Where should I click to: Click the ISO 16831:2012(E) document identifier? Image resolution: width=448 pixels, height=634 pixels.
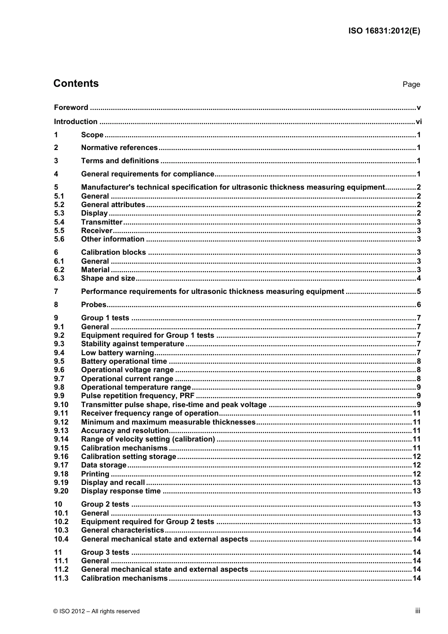tap(384, 31)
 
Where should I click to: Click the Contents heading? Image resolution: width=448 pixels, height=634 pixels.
tap(76, 83)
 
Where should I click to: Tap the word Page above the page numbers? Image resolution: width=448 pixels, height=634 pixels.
tap(411, 84)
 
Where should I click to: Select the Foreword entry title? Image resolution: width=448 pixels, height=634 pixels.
tap(71, 108)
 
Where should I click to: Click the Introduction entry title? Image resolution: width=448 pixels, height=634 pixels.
tap(75, 122)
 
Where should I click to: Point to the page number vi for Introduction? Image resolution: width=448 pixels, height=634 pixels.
tap(418, 122)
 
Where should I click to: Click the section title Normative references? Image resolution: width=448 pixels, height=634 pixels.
tap(119, 148)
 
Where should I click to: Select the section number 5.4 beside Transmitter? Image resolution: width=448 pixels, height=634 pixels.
tap(59, 222)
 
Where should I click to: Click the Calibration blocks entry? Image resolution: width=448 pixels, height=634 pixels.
tap(113, 252)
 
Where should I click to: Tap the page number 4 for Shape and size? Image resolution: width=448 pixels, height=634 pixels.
tap(419, 278)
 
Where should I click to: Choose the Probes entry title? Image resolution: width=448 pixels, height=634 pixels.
tap(94, 305)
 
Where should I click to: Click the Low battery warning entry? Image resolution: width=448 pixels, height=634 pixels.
tap(117, 353)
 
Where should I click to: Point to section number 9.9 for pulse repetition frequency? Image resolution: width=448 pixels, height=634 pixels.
tap(59, 396)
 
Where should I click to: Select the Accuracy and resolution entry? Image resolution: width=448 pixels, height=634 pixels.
tap(124, 431)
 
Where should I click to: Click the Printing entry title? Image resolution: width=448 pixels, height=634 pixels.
tap(95, 474)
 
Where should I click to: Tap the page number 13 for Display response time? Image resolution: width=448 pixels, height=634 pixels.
tap(416, 491)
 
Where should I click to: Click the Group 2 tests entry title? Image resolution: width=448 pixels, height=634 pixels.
tap(105, 504)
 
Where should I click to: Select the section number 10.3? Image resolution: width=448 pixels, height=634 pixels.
tap(61, 530)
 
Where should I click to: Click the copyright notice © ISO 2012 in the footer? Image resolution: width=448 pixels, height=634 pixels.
tap(96, 611)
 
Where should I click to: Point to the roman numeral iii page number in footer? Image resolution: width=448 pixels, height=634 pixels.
tap(417, 611)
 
